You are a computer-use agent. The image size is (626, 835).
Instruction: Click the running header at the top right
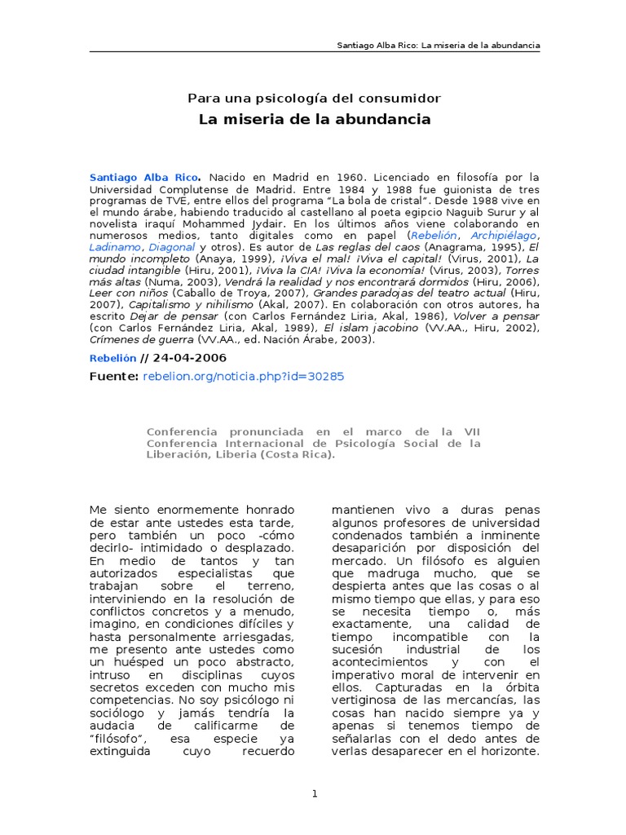point(439,44)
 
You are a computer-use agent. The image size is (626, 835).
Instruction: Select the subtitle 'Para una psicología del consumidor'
point(314,98)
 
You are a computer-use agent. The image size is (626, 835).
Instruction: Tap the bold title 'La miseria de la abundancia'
point(315,120)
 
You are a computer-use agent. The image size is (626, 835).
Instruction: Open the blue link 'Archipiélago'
point(503,235)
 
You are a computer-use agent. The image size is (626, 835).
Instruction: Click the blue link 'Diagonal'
point(171,246)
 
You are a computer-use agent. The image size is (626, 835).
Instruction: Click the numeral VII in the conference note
point(471,431)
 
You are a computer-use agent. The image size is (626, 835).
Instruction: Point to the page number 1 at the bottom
point(315,793)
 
